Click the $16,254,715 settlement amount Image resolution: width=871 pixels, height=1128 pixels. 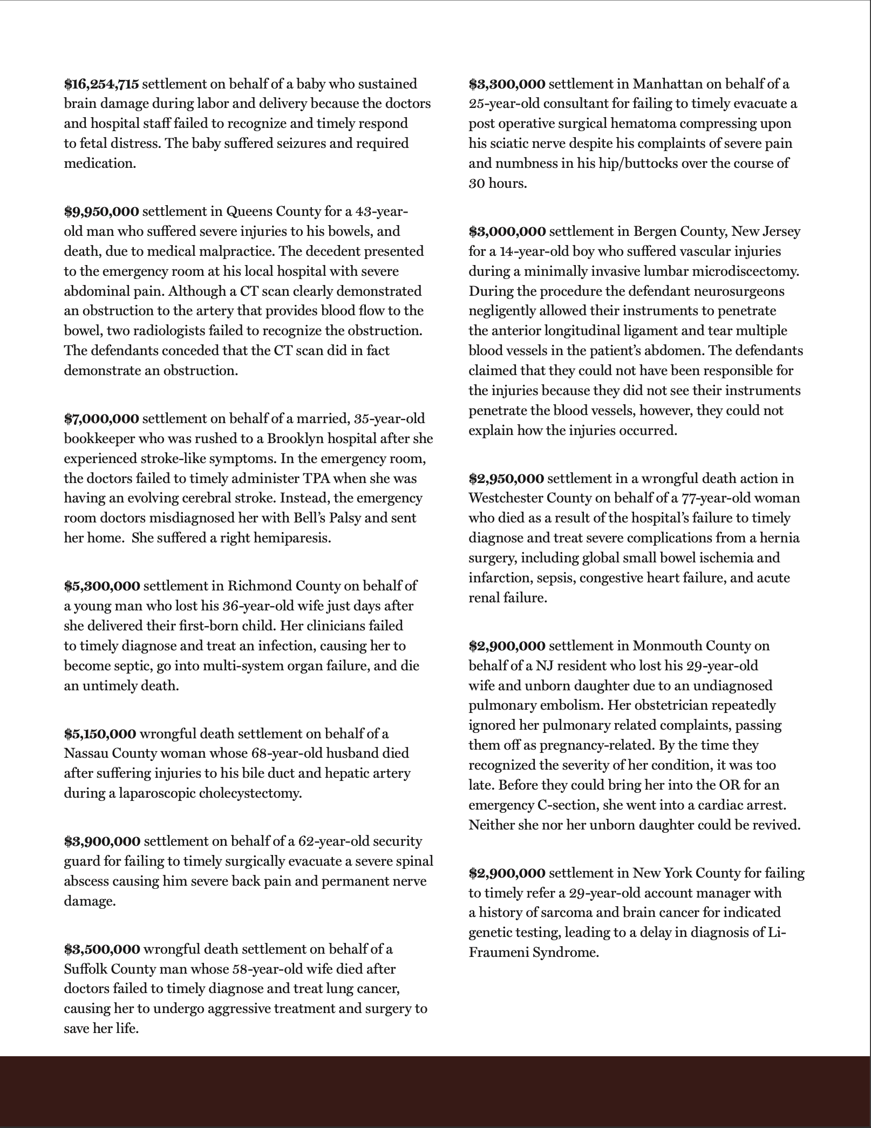click(x=101, y=84)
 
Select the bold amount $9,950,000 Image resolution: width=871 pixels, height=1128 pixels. click(x=101, y=212)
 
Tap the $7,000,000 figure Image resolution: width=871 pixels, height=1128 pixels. click(x=101, y=419)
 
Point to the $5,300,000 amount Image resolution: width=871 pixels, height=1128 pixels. click(x=102, y=586)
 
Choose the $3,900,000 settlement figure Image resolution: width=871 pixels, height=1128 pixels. click(x=102, y=841)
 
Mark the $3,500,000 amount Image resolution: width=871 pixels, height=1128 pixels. click(x=102, y=949)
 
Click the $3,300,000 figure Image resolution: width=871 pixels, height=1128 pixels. click(x=507, y=84)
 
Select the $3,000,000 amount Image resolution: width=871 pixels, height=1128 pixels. click(x=507, y=232)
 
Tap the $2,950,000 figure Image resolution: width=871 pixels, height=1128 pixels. click(x=506, y=479)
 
